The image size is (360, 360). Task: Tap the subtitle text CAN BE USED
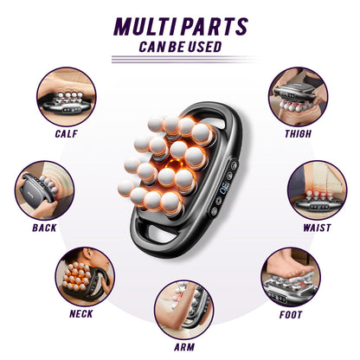tap(180, 46)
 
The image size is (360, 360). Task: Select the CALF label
tap(66, 134)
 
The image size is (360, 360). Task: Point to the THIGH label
tap(298, 134)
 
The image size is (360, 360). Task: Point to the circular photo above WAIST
tap(317, 188)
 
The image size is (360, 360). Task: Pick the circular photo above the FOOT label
tap(288, 274)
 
